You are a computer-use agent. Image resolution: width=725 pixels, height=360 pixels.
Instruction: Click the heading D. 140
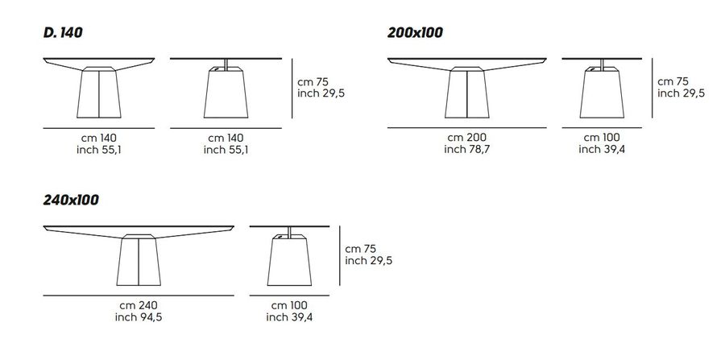point(63,32)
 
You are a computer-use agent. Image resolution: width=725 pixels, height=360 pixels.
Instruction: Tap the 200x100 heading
point(415,32)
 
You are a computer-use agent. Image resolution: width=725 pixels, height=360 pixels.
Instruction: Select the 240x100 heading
point(71,200)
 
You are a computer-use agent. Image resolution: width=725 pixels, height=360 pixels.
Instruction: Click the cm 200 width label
point(467,138)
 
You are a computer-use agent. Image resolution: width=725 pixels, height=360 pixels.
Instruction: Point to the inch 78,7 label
point(467,150)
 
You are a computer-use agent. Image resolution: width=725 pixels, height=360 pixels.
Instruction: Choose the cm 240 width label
point(139,305)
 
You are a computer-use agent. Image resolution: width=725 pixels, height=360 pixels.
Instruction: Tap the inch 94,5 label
point(139,317)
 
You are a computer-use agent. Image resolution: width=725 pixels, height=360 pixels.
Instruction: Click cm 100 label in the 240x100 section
point(289,305)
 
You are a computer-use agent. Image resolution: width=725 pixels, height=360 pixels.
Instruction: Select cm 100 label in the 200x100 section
point(602,138)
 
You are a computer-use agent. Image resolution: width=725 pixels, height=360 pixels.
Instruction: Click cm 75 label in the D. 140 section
point(312,82)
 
